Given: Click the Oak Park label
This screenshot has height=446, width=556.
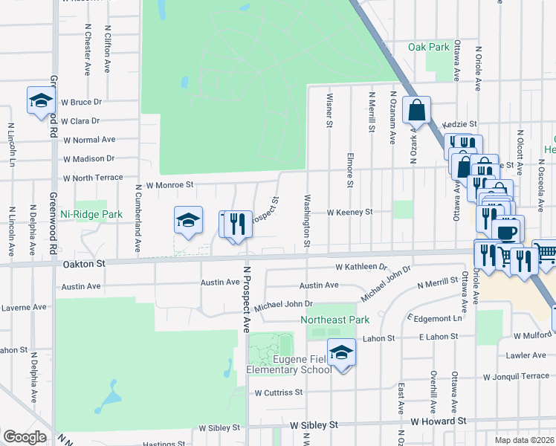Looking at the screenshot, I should tap(429, 47).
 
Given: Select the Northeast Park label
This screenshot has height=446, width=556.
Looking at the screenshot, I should tap(334, 320).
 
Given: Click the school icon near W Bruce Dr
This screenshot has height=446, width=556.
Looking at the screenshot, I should tap(42, 100).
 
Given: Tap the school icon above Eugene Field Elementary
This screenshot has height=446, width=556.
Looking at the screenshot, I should tap(342, 352).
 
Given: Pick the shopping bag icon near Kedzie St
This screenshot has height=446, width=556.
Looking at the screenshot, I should tap(416, 109).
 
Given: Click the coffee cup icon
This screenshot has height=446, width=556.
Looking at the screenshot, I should tap(508, 230).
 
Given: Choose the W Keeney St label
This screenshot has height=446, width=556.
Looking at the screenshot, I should tap(350, 212).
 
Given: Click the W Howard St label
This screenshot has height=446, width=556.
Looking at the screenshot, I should tap(438, 421).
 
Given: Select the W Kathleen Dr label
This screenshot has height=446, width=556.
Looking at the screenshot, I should tap(361, 266).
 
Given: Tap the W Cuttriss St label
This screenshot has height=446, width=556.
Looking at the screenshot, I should tap(279, 392).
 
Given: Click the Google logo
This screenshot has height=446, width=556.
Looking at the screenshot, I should tap(24, 437).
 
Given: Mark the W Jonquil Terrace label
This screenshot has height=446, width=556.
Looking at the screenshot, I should tap(516, 377).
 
